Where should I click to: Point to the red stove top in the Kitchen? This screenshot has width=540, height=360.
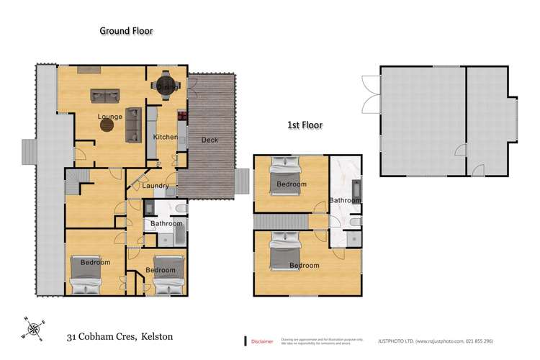pyautogui.click(x=181, y=117)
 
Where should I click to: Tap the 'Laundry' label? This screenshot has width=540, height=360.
pyautogui.click(x=155, y=186)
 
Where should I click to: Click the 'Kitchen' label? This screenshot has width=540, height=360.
pyautogui.click(x=165, y=136)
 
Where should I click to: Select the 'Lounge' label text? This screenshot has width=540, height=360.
pyautogui.click(x=109, y=115)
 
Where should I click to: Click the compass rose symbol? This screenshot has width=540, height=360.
pyautogui.click(x=32, y=328)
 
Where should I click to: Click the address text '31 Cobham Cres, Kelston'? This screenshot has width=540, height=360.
pyautogui.click(x=120, y=336)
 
